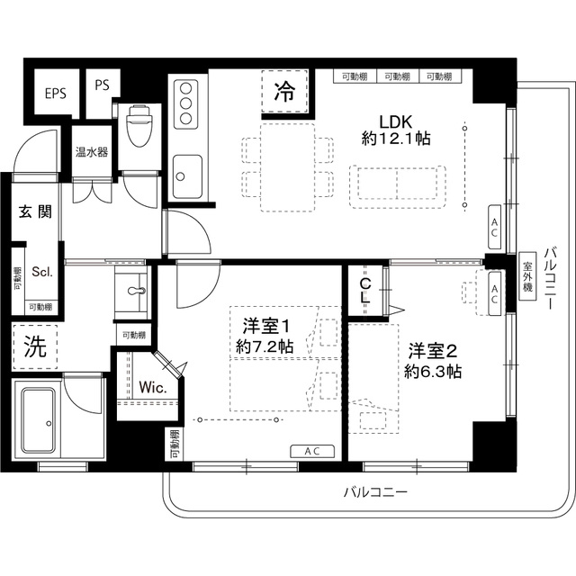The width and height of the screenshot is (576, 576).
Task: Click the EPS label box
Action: click(54, 93)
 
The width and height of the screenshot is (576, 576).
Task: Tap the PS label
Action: click(102, 85)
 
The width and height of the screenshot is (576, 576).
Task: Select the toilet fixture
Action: click(139, 128)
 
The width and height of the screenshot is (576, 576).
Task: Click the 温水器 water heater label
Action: click(91, 151)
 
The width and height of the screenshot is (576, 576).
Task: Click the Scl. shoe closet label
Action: click(41, 271)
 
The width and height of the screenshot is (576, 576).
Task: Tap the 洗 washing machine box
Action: click(34, 348)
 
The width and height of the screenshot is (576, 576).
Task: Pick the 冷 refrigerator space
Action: click(284, 91)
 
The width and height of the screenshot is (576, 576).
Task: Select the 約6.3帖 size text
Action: click(433, 370)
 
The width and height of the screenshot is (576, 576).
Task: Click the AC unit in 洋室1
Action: click(312, 451)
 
